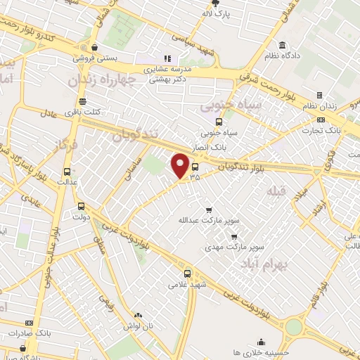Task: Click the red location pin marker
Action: tap(181, 166)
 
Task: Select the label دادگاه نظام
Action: tap(283, 54)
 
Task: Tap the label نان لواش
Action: tap(138, 328)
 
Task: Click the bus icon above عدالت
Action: tap(67, 171)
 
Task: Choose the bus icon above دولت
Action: tap(82, 207)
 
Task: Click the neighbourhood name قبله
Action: tap(278, 190)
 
